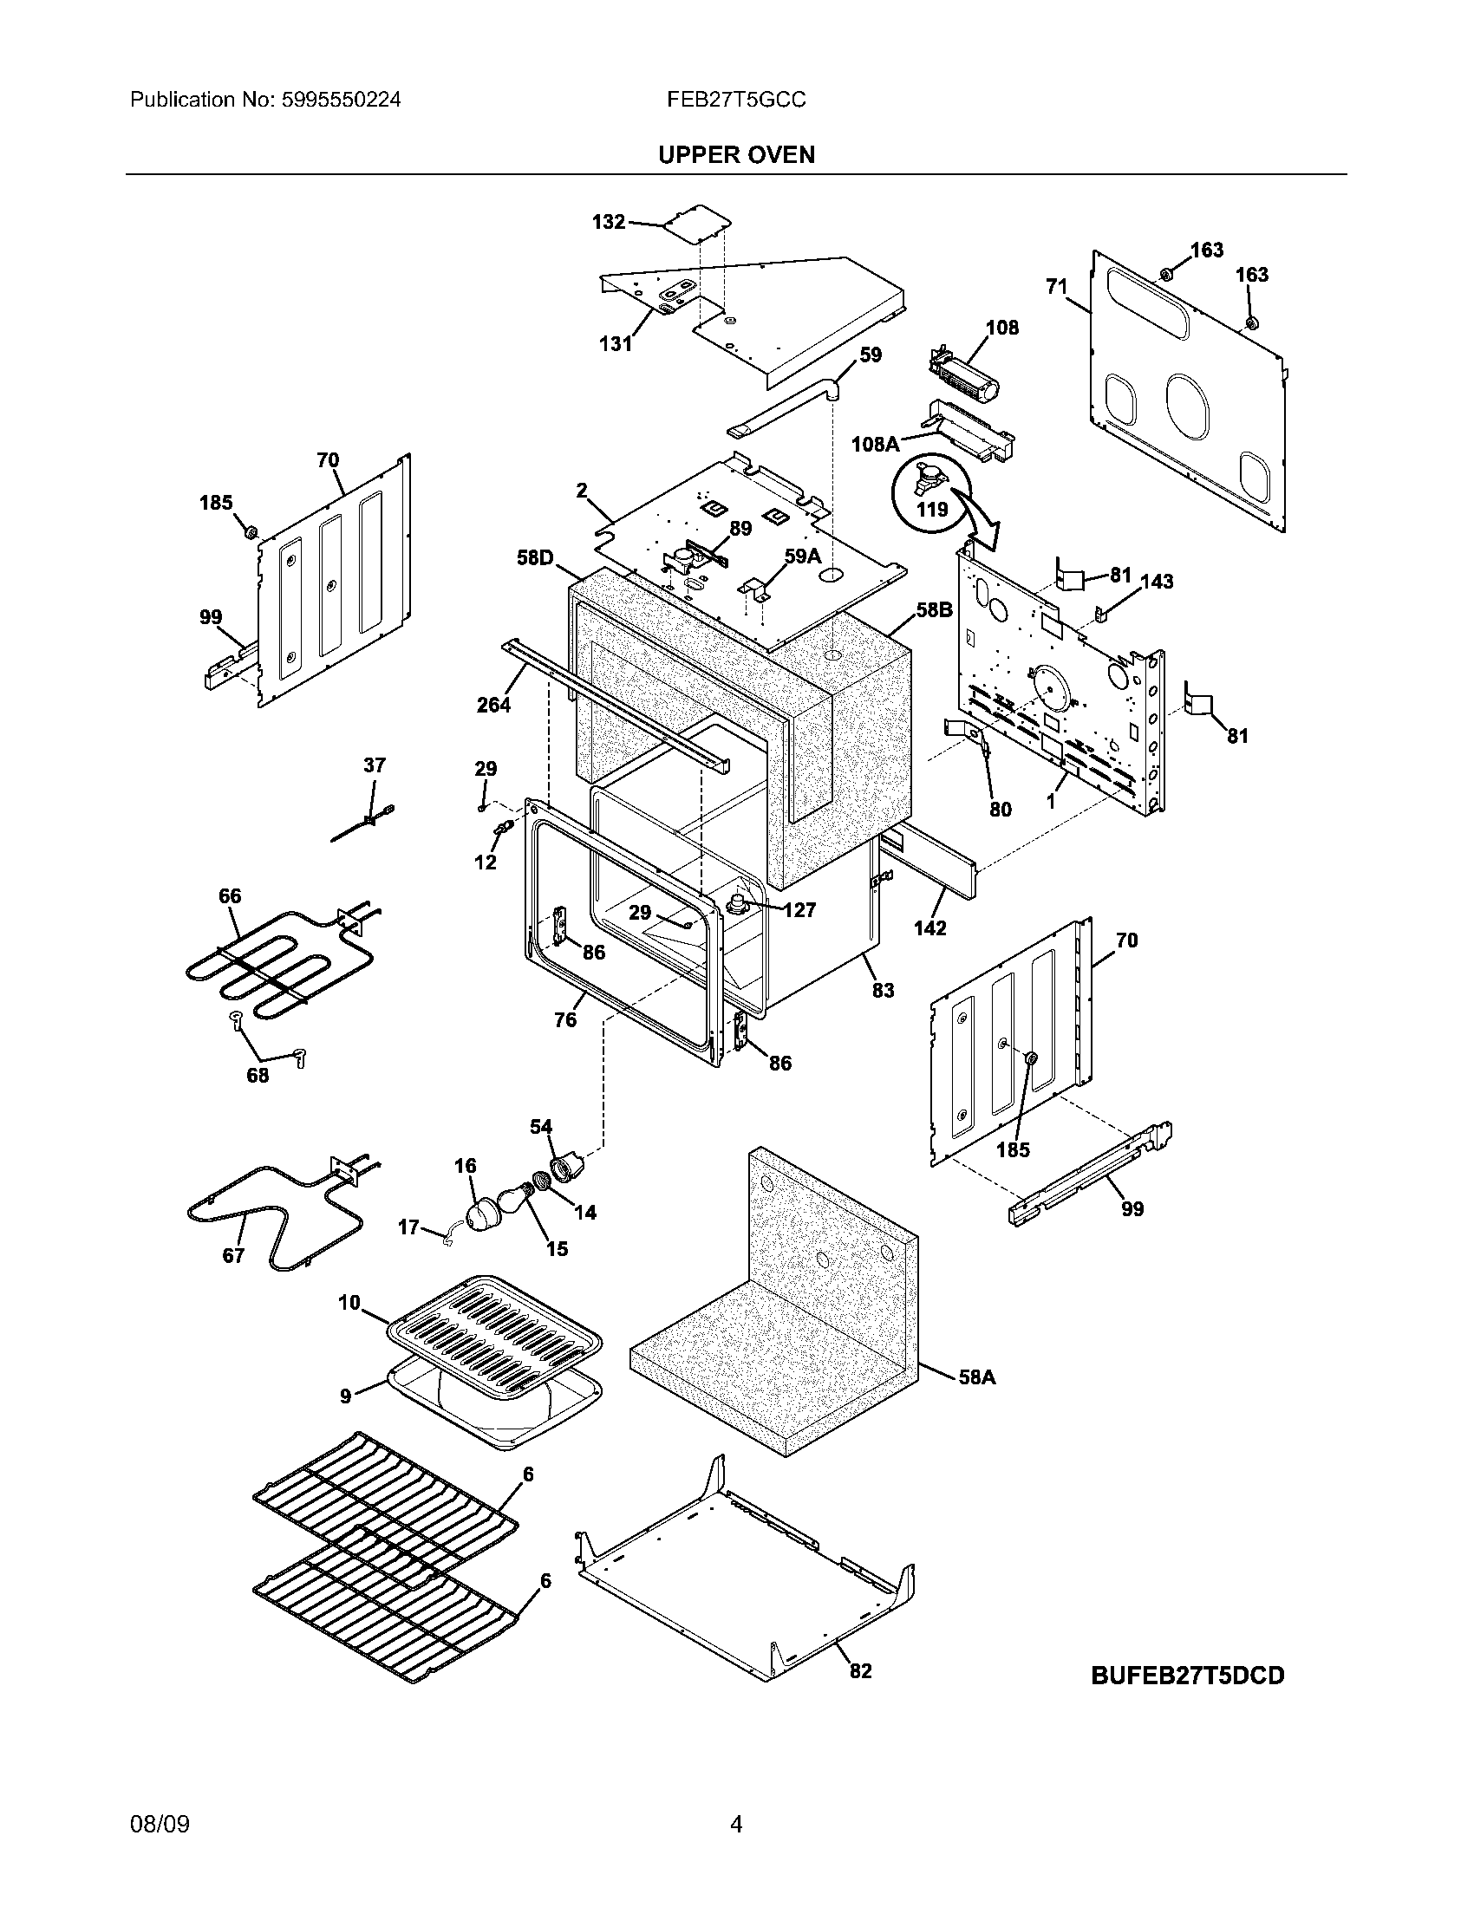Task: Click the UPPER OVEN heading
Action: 735,154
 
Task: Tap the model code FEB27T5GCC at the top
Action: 735,100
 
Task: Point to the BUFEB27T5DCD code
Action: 1188,1676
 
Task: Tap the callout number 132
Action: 608,222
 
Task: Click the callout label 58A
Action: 976,1377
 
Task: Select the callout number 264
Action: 493,705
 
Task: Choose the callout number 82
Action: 860,1670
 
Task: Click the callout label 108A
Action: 875,444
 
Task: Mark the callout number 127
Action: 799,910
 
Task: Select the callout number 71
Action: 1057,285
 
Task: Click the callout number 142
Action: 930,927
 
